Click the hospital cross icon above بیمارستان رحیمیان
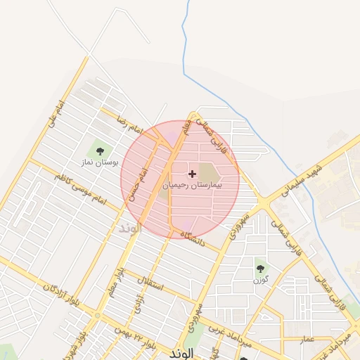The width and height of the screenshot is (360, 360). (192, 173)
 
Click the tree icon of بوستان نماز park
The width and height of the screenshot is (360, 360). (99, 150)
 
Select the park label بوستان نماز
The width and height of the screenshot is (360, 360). (101, 162)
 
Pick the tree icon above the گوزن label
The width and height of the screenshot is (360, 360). (260, 268)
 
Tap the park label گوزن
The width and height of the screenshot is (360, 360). (261, 281)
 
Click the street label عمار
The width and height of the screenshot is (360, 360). (307, 339)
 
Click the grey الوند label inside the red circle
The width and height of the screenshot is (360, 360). (131, 229)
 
